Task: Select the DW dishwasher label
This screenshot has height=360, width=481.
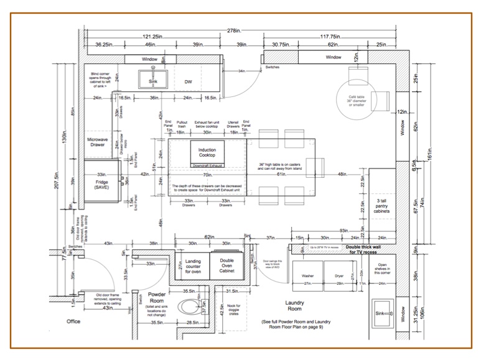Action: coord(189,81)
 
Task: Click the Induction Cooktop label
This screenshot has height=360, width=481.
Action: coord(207,153)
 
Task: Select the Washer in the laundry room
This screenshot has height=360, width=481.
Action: coord(308,275)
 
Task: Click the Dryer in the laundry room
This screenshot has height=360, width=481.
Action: coord(339,275)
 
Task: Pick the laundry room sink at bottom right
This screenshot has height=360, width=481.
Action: coord(380,315)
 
